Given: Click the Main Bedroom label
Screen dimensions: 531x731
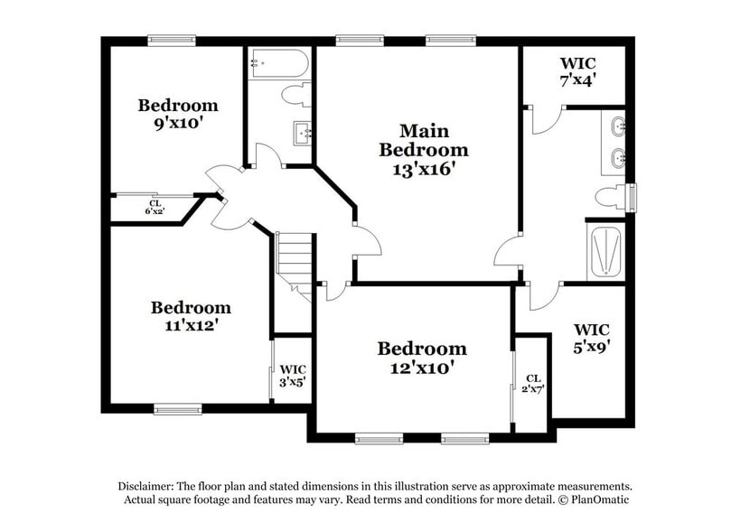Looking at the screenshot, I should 423,140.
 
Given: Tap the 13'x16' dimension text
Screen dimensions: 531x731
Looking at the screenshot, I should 423,168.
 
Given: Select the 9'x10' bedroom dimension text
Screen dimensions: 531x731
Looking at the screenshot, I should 178,124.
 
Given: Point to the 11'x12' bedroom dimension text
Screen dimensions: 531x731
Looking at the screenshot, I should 190,326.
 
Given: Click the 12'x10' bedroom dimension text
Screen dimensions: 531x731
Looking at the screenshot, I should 422,367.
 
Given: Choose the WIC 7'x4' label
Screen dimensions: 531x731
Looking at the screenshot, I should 577,71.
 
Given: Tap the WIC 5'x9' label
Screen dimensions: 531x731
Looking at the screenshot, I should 591,336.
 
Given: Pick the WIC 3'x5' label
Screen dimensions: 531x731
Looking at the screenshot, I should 292,375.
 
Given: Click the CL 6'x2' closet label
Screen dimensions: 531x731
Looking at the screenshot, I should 155,207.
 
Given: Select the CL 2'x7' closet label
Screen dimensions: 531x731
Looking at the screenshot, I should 533,384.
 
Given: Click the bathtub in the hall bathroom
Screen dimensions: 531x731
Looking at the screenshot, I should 280,62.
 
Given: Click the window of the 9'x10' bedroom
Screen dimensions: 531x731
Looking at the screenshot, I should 172,39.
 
